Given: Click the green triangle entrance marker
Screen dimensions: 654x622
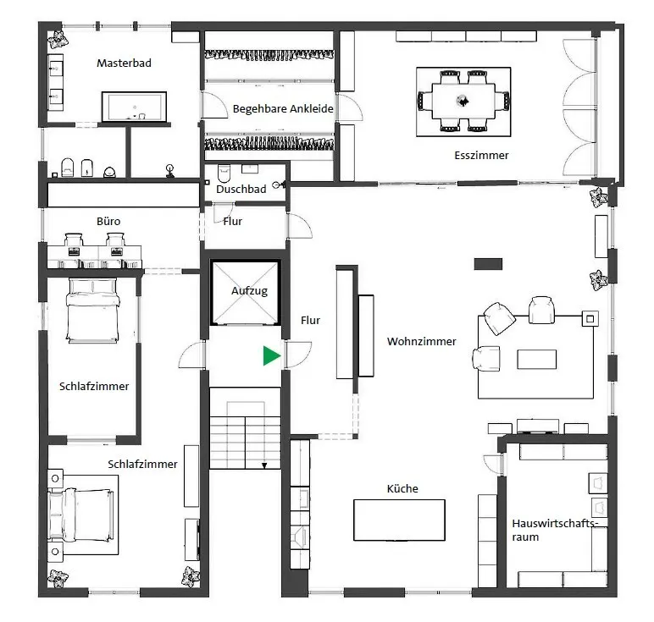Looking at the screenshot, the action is coord(271,355).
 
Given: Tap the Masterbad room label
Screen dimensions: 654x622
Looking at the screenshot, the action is coord(124,63).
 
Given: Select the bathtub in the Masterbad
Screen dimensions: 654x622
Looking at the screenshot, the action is coord(135,107).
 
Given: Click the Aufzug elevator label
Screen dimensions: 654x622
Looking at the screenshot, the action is coord(249,290).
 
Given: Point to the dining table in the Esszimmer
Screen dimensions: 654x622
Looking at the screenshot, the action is coord(463,102).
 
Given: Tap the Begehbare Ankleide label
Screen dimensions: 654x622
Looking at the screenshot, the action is coord(283,108).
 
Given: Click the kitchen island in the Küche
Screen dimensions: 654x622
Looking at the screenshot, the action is coord(399,520).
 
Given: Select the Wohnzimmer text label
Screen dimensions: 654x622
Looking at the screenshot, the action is coord(422,341).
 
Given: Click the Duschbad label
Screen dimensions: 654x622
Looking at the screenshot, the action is coord(241,190).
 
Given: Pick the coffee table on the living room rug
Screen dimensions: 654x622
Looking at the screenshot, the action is coord(536,359).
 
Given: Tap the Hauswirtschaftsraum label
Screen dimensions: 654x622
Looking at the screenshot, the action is coord(555,530).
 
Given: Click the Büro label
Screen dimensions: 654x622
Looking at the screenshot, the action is coord(108,221).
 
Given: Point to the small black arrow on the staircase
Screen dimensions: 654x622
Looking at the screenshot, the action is coord(264,465).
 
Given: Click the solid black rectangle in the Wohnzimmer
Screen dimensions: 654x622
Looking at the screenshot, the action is coord(488,264).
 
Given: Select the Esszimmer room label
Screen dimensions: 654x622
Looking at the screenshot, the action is coord(481,156).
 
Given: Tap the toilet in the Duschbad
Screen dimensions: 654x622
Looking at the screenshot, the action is coord(224,173).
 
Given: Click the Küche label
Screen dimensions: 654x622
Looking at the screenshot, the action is coord(402,488).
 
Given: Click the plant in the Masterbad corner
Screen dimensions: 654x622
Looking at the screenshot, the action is coord(58,39).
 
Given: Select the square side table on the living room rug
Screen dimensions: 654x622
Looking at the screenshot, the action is coord(590,319).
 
